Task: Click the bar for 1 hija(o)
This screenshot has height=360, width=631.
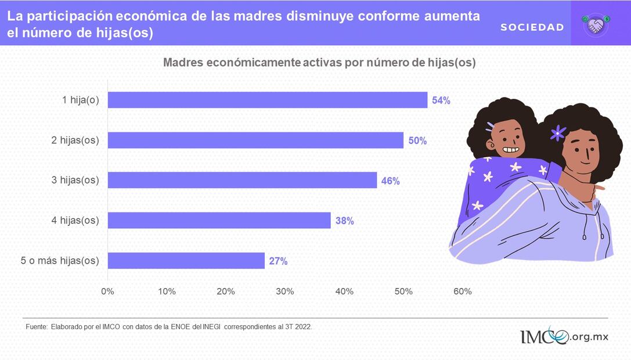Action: pyautogui.click(x=268, y=100)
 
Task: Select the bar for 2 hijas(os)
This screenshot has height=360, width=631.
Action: pyautogui.click(x=255, y=141)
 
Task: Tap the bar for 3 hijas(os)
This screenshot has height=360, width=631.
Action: pyautogui.click(x=242, y=181)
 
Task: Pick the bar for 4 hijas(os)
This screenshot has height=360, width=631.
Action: pyautogui.click(x=219, y=221)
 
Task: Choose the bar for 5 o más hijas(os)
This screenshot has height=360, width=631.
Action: pyautogui.click(x=186, y=261)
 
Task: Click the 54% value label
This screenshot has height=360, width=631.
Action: pyautogui.click(x=441, y=100)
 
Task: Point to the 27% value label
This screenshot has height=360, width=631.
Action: pyautogui.click(x=278, y=261)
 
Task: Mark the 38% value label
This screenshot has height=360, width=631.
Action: pyautogui.click(x=344, y=221)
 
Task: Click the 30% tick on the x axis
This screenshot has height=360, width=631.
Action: pyautogui.click(x=285, y=291)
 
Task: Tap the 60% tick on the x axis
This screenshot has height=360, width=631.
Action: pyautogui.click(x=463, y=291)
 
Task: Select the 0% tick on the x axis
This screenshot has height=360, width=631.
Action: pyautogui.click(x=107, y=291)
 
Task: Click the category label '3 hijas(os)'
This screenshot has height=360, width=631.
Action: pyautogui.click(x=75, y=181)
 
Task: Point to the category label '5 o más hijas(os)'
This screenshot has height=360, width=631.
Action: pyautogui.click(x=60, y=261)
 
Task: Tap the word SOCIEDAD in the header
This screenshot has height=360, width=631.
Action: pyautogui.click(x=532, y=27)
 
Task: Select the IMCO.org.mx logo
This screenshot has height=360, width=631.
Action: pyautogui.click(x=564, y=337)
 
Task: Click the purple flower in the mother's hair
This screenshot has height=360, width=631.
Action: pyautogui.click(x=558, y=133)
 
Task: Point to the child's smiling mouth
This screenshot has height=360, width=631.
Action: pyautogui.click(x=510, y=150)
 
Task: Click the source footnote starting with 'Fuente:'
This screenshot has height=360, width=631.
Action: pyautogui.click(x=169, y=327)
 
